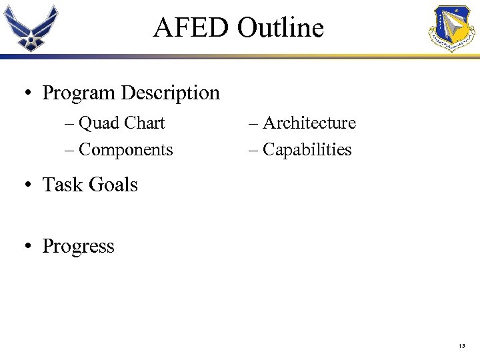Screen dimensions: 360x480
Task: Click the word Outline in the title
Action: coord(281,28)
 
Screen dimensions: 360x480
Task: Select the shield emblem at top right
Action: coord(453,29)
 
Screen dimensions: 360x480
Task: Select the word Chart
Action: coord(145,123)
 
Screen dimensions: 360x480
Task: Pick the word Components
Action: coord(125,150)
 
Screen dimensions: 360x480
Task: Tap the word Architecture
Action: coord(309,123)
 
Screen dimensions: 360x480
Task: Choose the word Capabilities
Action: coord(307,150)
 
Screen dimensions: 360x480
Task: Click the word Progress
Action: coord(78,247)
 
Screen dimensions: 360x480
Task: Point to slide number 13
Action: coord(462,347)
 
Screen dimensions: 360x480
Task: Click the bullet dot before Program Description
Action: coord(27,94)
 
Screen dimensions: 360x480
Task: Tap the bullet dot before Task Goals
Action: coord(27,186)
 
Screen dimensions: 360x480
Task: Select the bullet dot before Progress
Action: coord(27,247)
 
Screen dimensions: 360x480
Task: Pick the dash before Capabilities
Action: coord(253,151)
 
